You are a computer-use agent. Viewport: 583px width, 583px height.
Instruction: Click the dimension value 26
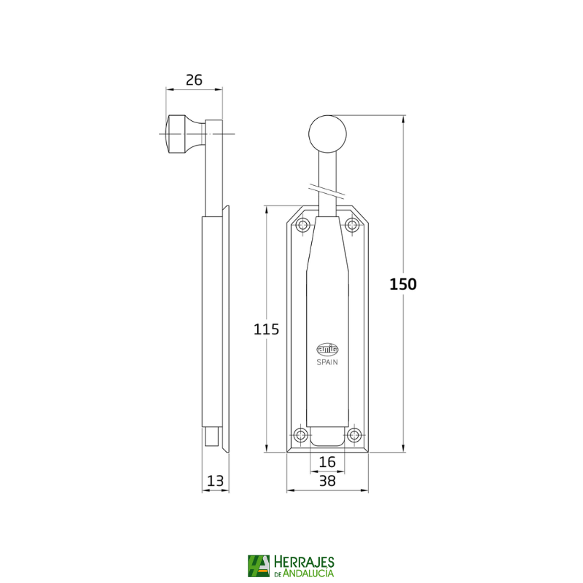coord(193,80)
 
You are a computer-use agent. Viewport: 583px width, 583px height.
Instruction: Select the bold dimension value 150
coord(402,284)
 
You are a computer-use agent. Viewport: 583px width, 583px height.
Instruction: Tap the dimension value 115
coord(266,329)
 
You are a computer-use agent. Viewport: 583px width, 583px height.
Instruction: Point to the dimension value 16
coord(327,461)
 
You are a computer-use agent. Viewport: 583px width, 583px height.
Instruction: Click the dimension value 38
coord(327,480)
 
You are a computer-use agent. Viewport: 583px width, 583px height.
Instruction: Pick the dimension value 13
coord(215,480)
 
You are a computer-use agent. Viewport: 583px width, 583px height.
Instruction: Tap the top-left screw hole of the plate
coord(303,224)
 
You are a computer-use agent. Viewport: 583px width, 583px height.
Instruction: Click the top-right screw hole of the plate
coord(352,224)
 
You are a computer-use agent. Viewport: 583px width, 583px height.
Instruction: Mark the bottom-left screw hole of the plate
coord(300,436)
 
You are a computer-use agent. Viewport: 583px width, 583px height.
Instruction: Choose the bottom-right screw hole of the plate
coord(354,436)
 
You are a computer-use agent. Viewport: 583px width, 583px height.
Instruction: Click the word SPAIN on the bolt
coord(327,361)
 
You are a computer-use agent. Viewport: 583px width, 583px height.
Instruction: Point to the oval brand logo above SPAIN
coord(327,349)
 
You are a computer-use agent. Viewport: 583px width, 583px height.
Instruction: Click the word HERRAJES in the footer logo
coord(304,561)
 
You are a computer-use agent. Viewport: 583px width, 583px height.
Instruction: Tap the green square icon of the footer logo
coord(258,566)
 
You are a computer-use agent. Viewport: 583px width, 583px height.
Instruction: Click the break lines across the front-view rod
coord(327,190)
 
